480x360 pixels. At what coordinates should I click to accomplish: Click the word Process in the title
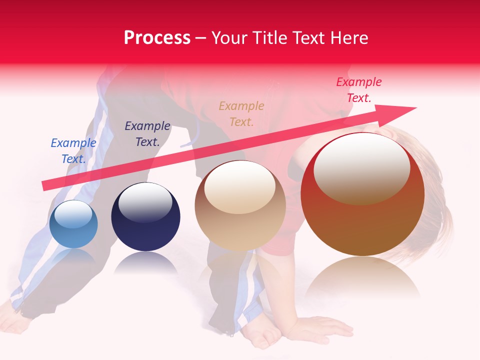(157, 38)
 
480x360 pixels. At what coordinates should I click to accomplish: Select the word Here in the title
(350, 38)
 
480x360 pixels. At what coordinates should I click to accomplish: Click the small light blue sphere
(73, 224)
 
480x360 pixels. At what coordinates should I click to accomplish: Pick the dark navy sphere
(145, 217)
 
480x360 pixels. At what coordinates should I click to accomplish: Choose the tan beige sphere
(240, 206)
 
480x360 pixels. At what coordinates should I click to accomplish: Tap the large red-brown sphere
(362, 195)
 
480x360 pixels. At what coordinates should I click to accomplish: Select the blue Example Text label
(73, 150)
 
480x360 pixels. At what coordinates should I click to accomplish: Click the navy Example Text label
(147, 134)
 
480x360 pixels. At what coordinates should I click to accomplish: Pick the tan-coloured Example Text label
(241, 113)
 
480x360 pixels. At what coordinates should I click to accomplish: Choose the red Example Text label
(359, 90)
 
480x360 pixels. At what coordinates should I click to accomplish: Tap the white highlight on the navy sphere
(145, 202)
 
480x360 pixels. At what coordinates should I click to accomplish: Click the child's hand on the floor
(320, 328)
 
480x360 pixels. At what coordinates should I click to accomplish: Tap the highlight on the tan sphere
(240, 188)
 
